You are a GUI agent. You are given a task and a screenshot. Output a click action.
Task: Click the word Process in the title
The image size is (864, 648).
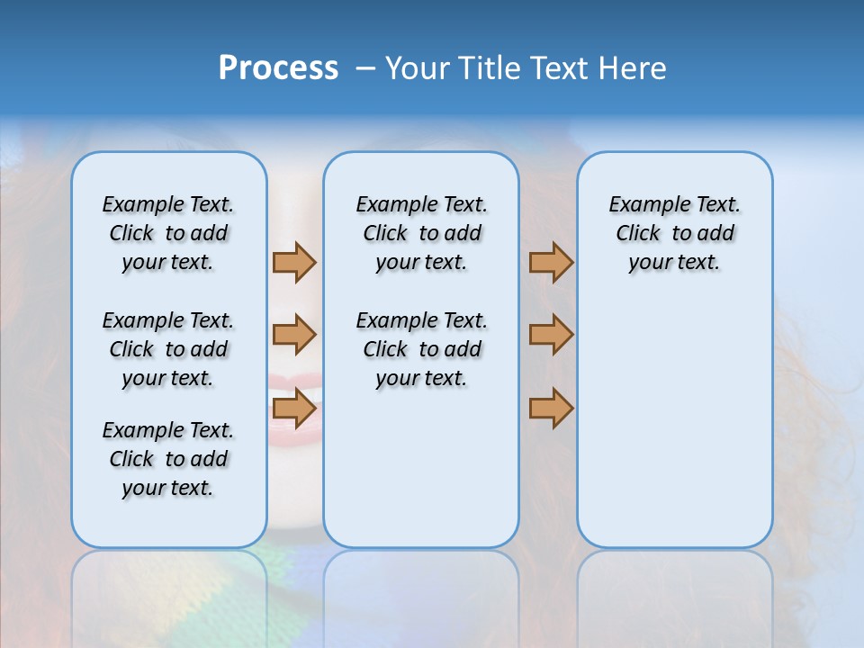(x=278, y=68)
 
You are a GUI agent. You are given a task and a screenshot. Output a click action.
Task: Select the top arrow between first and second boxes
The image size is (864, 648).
(x=294, y=262)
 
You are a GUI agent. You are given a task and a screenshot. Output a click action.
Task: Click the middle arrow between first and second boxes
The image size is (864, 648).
(x=294, y=335)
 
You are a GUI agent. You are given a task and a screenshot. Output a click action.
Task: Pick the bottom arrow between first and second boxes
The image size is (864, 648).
(x=294, y=409)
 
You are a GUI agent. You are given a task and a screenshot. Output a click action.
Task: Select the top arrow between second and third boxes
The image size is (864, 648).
(x=551, y=262)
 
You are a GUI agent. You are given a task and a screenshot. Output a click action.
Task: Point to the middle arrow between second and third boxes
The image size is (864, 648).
(x=551, y=335)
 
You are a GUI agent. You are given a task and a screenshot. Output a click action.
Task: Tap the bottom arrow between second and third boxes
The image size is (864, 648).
(x=551, y=409)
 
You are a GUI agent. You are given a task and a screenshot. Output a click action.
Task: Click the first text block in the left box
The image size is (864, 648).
(x=168, y=233)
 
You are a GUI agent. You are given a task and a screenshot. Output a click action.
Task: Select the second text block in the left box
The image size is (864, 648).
(x=168, y=349)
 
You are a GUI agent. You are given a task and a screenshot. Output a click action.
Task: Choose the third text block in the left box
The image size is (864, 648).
(x=168, y=459)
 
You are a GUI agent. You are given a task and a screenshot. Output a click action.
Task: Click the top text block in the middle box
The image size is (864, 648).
(x=421, y=233)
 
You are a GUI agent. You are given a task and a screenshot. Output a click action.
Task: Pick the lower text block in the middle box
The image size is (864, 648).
(x=421, y=349)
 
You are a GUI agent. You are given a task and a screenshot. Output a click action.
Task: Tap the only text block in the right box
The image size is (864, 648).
(x=674, y=233)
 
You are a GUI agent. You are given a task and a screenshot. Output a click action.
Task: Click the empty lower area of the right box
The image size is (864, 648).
(x=674, y=423)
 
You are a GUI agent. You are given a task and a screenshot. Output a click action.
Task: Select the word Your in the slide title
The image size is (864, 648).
(x=417, y=68)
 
